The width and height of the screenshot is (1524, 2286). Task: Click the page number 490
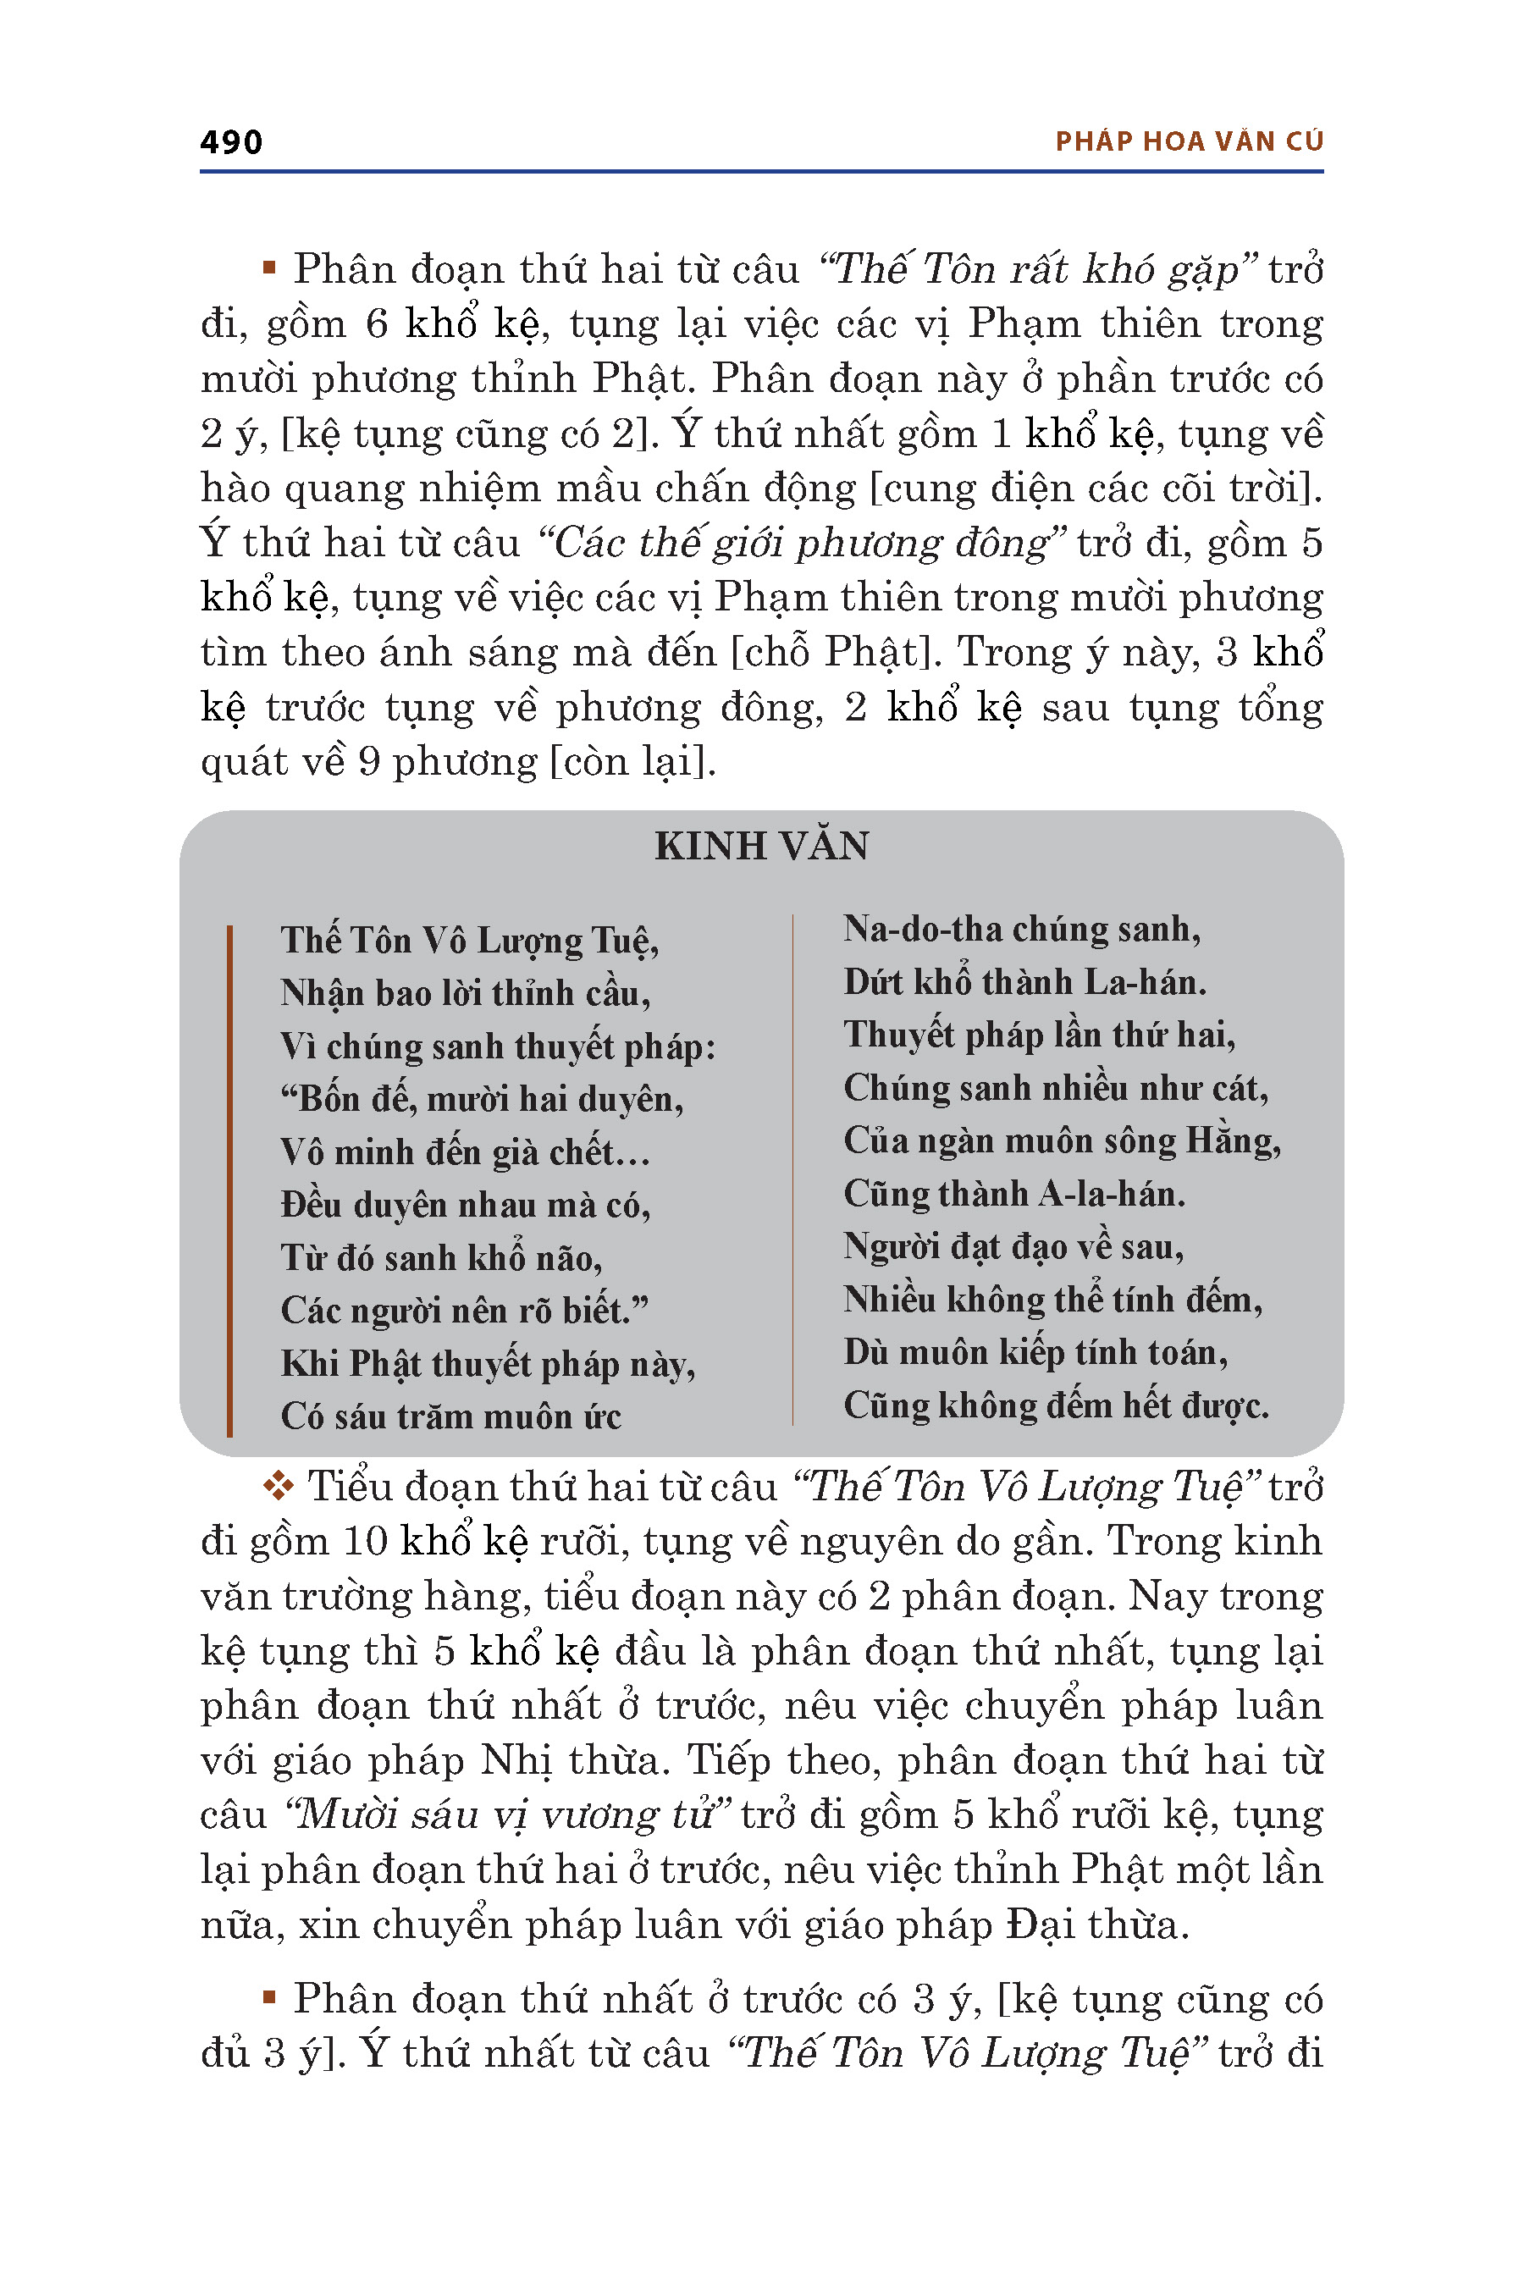click(x=231, y=142)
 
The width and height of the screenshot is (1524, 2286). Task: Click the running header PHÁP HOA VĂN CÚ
click(x=1189, y=142)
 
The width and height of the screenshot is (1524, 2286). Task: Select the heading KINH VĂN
click(x=761, y=847)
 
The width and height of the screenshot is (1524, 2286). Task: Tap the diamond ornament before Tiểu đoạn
click(x=279, y=1486)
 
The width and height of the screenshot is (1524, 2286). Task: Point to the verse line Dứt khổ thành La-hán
click(x=1024, y=983)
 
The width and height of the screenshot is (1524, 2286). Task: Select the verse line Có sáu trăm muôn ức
click(x=451, y=1416)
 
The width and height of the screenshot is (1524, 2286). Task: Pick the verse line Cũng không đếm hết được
click(x=1056, y=1405)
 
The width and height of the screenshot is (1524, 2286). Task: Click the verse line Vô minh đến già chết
click(x=465, y=1152)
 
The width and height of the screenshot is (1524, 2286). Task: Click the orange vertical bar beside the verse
click(x=229, y=1180)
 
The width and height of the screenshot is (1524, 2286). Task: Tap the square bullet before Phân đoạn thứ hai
click(x=270, y=268)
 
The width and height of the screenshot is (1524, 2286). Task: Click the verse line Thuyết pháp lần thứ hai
click(x=1039, y=1035)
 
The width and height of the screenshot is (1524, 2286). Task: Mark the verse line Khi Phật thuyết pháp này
click(x=488, y=1365)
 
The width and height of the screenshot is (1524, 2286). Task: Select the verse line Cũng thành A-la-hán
click(x=1013, y=1194)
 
